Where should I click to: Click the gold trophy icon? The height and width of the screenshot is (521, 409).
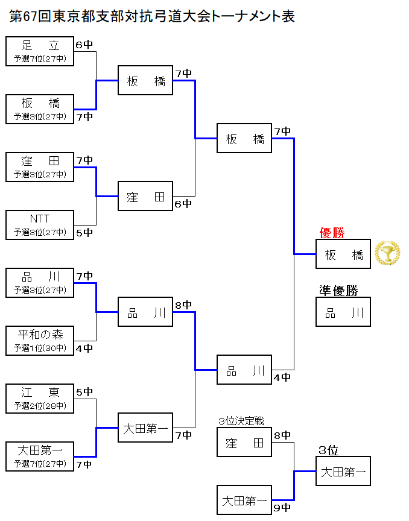click(x=387, y=253)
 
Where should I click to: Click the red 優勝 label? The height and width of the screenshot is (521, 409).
click(x=332, y=233)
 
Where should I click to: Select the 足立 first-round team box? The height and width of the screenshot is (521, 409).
click(x=40, y=51)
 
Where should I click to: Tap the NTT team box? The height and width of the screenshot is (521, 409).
click(x=40, y=225)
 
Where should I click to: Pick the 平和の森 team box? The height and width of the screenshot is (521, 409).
click(x=40, y=341)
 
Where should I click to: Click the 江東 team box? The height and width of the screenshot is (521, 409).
click(x=40, y=399)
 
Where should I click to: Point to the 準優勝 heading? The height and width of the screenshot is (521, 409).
click(x=338, y=291)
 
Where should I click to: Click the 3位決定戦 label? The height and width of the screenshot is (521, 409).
click(x=241, y=421)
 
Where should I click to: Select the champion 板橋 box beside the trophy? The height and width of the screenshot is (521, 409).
click(x=343, y=254)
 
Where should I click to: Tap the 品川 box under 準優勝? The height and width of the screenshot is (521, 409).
click(x=343, y=312)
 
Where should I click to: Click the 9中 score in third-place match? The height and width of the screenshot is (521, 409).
click(x=282, y=508)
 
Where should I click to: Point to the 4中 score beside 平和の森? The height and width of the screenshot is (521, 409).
click(x=84, y=348)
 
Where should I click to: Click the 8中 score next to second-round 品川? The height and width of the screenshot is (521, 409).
click(x=183, y=305)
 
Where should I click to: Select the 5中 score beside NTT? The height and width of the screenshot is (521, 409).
click(x=84, y=232)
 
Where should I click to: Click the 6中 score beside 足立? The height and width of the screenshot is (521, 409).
click(x=84, y=44)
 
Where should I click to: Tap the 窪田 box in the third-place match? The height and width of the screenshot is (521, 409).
click(x=244, y=442)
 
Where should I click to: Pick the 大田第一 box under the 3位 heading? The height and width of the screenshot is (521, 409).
click(x=343, y=471)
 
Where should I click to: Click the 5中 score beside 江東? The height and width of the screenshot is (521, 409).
click(x=84, y=391)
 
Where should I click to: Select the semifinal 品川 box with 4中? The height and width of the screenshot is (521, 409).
click(x=244, y=370)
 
